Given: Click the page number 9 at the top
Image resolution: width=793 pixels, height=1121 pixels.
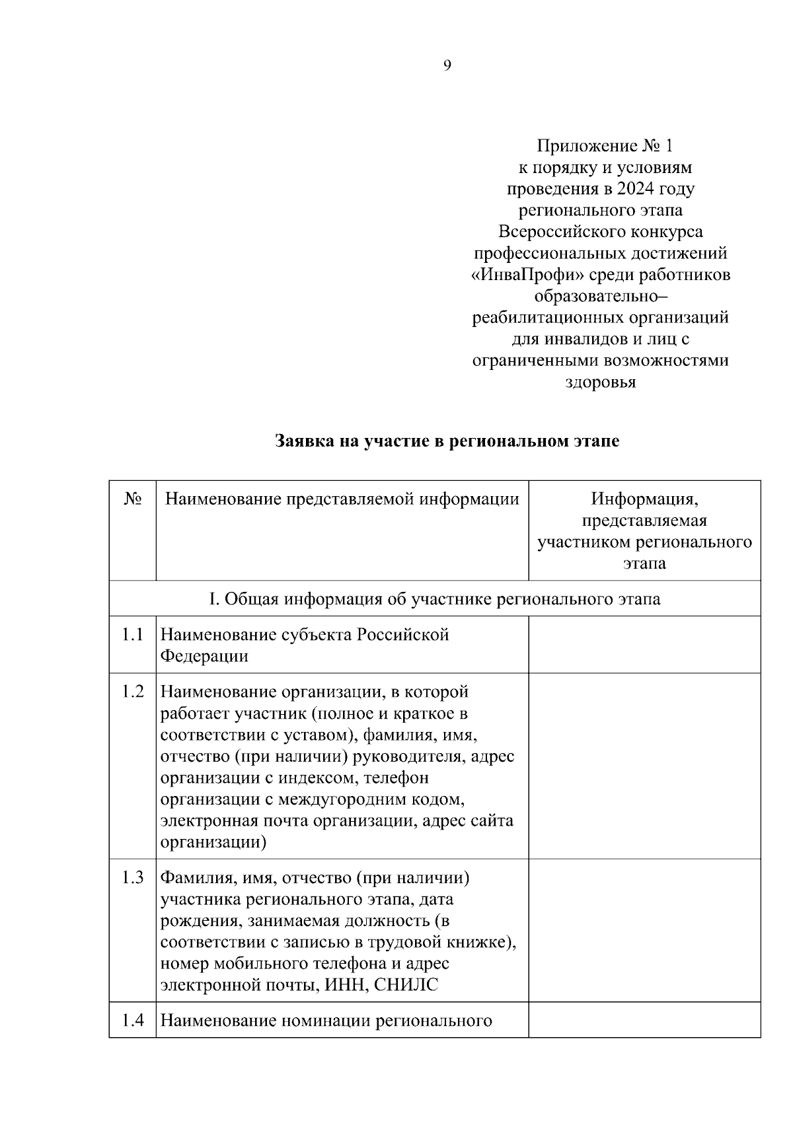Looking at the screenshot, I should (447, 65).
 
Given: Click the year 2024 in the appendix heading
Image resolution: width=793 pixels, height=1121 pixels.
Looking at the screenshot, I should (635, 189).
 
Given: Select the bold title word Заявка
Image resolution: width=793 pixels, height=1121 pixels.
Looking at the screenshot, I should (304, 441).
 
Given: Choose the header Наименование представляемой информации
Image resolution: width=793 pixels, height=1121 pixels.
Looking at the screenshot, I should (342, 499).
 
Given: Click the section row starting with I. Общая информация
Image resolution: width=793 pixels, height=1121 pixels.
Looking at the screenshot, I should (434, 599).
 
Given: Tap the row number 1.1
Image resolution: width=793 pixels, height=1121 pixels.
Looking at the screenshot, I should (133, 635).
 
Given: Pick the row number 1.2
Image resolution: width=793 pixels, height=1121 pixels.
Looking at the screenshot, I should (133, 692).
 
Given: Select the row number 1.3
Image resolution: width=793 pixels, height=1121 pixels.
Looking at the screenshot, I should (133, 879).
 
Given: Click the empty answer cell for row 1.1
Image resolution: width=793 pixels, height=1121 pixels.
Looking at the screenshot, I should (644, 645).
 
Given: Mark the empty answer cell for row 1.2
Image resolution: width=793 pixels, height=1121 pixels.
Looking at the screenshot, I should (644, 766).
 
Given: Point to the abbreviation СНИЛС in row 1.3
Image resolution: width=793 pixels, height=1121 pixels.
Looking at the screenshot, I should (406, 986).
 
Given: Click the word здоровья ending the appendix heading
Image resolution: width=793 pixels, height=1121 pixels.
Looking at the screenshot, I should (601, 382).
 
